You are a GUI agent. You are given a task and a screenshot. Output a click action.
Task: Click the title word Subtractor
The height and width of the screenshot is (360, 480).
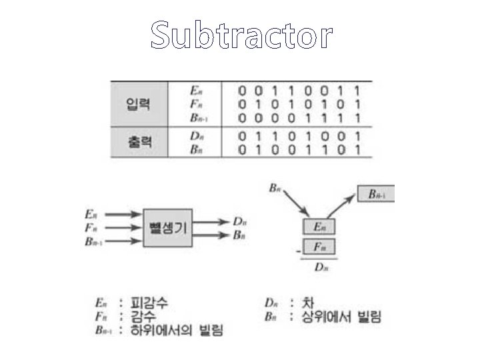pos(241,35)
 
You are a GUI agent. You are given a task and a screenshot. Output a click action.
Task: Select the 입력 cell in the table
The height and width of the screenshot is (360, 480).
pos(138,104)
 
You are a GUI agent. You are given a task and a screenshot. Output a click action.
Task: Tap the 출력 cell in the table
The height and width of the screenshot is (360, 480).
pos(138,143)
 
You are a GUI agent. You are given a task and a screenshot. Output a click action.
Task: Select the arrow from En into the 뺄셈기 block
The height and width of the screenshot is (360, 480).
pos(123,215)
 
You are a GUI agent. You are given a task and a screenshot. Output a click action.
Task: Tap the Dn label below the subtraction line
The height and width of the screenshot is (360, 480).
pos(321,267)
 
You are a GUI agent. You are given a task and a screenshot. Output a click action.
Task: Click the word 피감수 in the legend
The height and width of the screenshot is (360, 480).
pos(147,303)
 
